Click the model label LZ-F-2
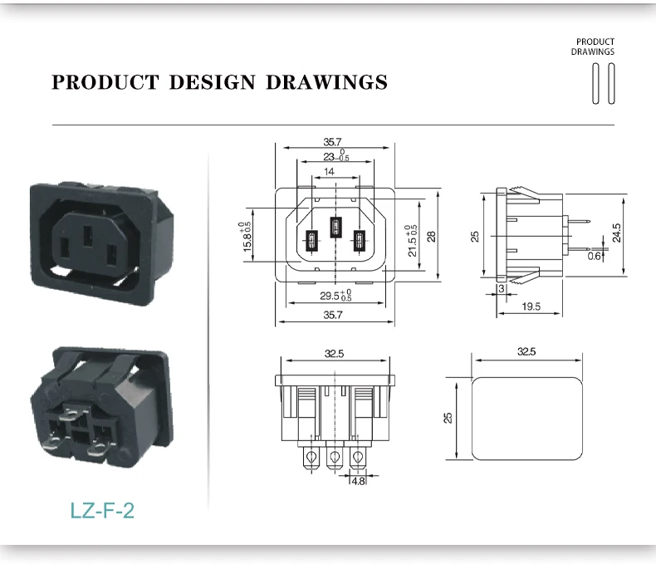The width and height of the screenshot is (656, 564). [x=103, y=509]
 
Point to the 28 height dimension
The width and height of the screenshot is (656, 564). [x=432, y=235]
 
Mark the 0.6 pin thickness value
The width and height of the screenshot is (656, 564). [x=593, y=256]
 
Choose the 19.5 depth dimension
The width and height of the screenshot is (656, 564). [x=531, y=307]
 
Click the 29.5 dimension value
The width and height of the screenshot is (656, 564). [x=330, y=295]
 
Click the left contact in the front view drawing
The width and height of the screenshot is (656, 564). [x=312, y=242]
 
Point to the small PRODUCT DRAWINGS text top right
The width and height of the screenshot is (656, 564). [x=595, y=47]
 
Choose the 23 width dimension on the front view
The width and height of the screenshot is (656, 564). [x=330, y=156]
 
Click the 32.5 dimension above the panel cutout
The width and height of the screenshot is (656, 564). [x=526, y=352]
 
